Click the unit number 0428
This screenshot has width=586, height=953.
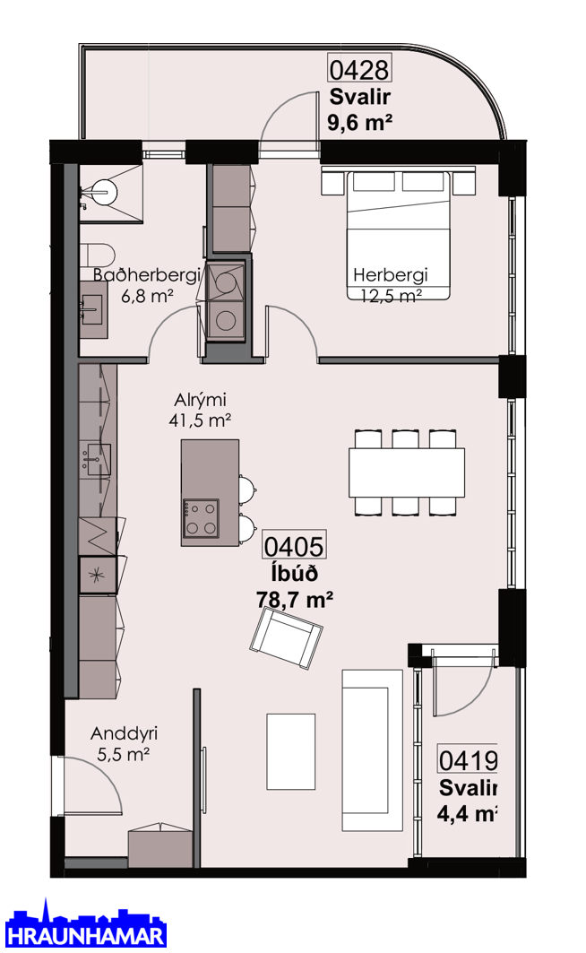coord(359,69)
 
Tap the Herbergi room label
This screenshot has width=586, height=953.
coord(391,274)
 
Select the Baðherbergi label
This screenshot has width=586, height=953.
coord(147,275)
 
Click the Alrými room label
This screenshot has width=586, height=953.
coord(200,400)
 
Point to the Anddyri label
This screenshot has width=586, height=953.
coord(124,733)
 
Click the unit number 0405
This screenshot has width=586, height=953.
coord(294,546)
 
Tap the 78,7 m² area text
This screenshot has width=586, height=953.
coord(295,599)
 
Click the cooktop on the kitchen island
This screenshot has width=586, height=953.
coord(202,516)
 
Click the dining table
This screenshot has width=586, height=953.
coord(406,472)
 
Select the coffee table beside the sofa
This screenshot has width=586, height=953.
coord(291,751)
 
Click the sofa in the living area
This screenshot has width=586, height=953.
coord(372,750)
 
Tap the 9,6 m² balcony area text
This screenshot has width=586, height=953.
coord(359,122)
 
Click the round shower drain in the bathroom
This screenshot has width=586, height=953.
coord(104,192)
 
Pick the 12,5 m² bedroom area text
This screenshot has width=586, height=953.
coord(391,296)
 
